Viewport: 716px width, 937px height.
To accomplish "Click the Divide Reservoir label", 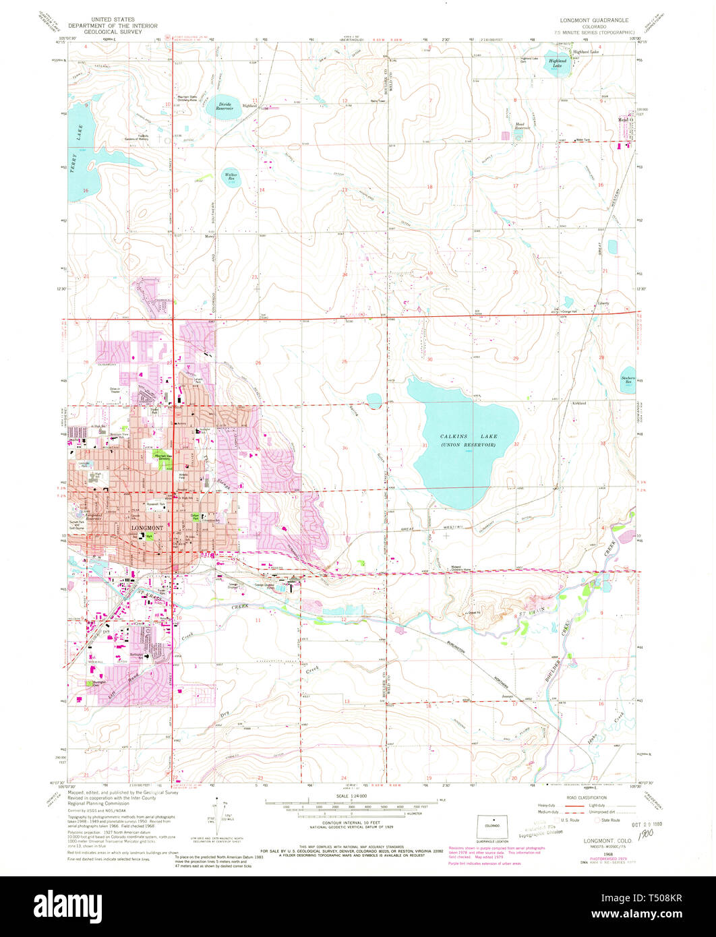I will coord(225,106).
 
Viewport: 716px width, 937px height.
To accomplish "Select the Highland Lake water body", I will coord(558,64).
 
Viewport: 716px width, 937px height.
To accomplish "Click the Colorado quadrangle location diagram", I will coord(491,826).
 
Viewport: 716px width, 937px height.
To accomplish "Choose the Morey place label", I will coord(210,237).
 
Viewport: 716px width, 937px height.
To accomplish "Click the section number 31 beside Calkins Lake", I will coord(425,446).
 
